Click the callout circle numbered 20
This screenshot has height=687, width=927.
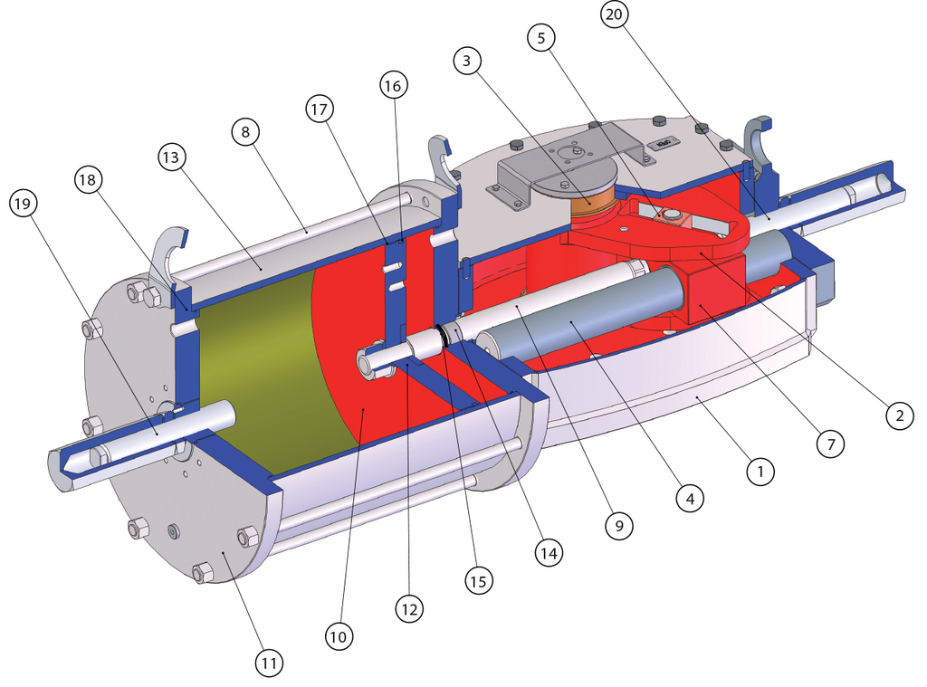click(615, 14)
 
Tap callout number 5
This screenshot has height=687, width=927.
click(541, 38)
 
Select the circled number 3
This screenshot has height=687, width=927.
click(468, 61)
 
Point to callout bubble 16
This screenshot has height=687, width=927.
click(393, 86)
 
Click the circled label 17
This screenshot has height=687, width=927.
click(320, 109)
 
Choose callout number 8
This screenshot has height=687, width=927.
click(246, 131)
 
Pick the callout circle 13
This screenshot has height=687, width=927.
click(171, 157)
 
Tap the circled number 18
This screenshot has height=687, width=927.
click(88, 179)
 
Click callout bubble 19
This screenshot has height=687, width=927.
click(23, 204)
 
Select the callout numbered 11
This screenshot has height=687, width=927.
click(270, 663)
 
